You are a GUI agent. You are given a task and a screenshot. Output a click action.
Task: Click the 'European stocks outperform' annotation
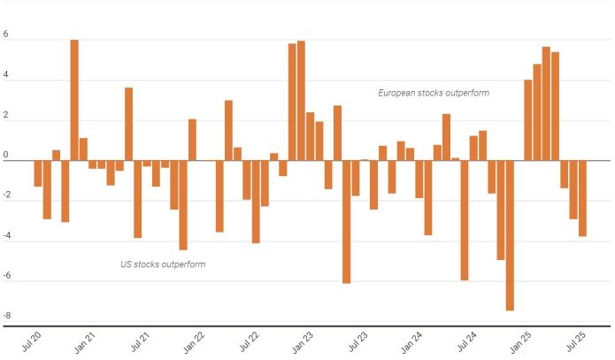point(434,93)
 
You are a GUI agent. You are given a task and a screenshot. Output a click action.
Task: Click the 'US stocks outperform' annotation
point(163,264)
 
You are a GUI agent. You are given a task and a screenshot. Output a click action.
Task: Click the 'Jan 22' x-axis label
point(195,340)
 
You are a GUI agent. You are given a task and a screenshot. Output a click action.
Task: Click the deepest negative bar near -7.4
point(510,235)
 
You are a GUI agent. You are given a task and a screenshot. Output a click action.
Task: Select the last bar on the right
point(582,198)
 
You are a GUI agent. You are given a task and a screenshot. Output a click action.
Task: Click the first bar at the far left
point(38,173)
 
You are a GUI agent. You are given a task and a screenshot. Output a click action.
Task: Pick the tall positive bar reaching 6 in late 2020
point(74,100)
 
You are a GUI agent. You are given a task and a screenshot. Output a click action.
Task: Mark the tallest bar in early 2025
point(546,103)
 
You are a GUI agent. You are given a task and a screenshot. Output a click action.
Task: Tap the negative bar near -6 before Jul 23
point(346,221)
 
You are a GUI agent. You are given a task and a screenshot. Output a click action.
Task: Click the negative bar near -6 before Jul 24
point(465,219)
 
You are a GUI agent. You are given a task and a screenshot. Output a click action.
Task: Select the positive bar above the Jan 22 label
point(192,140)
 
